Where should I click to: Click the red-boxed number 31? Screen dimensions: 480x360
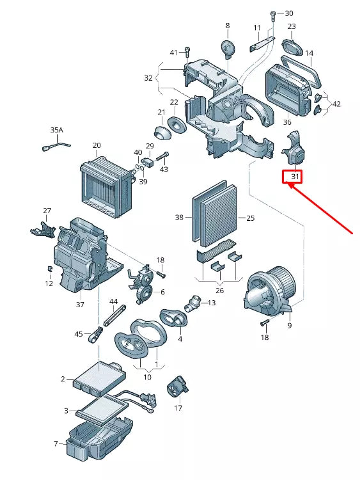pyautogui.click(x=295, y=176)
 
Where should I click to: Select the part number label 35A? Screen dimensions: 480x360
pyautogui.click(x=57, y=130)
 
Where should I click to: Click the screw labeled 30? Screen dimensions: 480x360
pyautogui.click(x=273, y=14)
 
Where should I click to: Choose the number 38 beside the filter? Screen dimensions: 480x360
pyautogui.click(x=179, y=218)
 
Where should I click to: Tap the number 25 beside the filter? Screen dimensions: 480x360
pyautogui.click(x=250, y=218)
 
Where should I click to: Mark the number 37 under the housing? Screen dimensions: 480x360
pyautogui.click(x=80, y=305)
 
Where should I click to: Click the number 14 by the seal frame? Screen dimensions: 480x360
pyautogui.click(x=309, y=53)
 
